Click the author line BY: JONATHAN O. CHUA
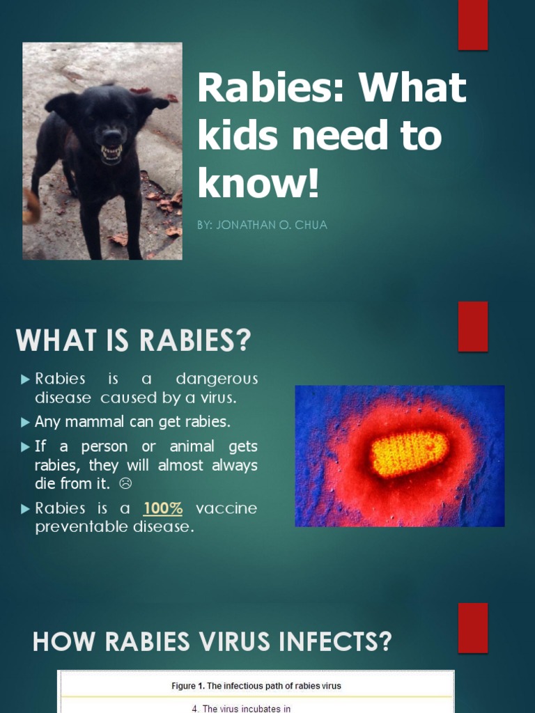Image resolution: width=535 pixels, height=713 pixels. click(263, 226)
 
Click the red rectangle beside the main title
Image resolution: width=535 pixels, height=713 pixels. click(472, 26)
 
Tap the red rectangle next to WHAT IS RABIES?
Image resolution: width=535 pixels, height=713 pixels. click(472, 326)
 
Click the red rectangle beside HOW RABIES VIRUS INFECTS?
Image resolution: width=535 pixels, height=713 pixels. click(472, 627)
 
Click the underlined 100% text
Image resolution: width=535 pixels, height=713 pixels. click(163, 508)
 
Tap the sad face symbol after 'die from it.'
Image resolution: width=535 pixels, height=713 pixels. click(126, 483)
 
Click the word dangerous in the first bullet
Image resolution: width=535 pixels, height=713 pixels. click(217, 379)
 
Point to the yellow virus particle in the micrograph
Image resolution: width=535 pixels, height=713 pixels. click(409, 453)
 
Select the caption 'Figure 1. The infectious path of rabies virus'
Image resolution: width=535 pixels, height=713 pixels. click(256, 686)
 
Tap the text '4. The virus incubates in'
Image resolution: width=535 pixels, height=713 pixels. click(240, 709)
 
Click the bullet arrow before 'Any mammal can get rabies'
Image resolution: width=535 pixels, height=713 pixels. click(26, 422)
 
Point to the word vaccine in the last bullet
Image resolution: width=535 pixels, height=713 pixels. click(226, 508)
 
